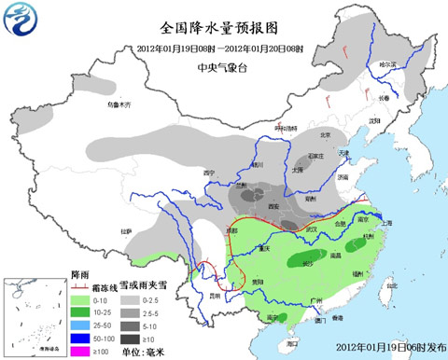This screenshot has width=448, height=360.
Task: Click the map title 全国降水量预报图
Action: pyautogui.click(x=206, y=28)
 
